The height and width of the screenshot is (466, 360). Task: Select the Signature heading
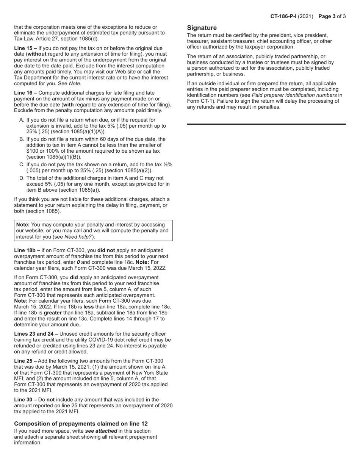202,28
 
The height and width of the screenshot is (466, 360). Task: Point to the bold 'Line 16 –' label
25,93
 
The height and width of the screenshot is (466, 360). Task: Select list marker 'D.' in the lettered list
22,178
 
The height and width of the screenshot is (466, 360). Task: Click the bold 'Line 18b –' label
27,250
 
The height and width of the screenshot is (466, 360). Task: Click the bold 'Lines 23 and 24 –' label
36,334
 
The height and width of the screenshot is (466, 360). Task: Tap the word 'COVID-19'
120,340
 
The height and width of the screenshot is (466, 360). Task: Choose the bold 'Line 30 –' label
25,399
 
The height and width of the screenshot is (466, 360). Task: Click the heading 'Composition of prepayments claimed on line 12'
81,424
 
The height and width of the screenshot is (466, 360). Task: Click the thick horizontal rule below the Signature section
266,124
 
